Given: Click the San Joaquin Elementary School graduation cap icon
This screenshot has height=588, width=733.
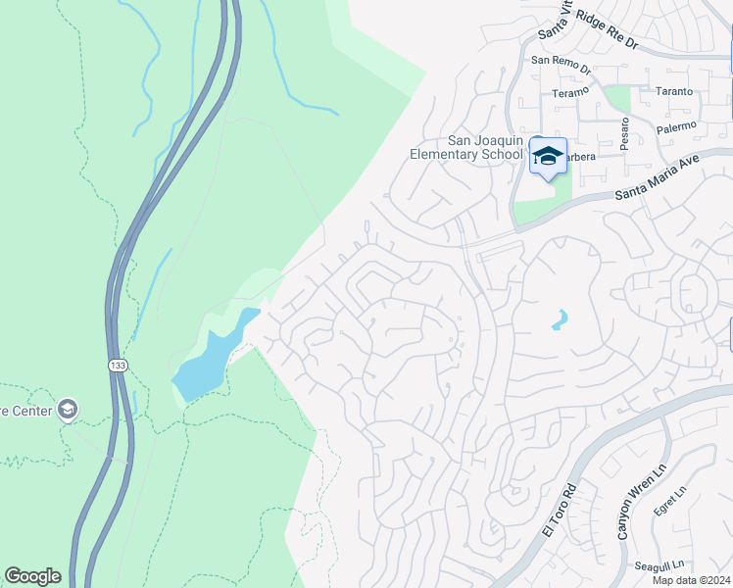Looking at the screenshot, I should point(548,155).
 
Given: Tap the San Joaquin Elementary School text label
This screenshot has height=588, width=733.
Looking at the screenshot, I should point(466,147).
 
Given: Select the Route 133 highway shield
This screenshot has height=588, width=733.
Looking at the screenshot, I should point(116,364).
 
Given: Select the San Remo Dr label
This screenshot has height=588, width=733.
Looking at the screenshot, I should point(561,64).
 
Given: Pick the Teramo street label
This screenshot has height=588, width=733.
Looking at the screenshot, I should point(572,91).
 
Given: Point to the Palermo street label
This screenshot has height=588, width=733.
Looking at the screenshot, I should point(676,126).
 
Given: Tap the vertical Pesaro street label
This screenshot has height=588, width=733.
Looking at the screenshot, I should point(623,133).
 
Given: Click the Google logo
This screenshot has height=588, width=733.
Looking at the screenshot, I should point(32,576).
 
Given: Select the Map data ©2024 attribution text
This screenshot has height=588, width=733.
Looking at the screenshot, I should point(690,580).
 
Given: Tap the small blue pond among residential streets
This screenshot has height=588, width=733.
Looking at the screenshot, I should point(559,319).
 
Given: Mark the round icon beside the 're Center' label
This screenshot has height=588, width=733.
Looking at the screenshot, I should point(68,409).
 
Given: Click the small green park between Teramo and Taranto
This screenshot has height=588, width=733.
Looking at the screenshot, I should point(617,99).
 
